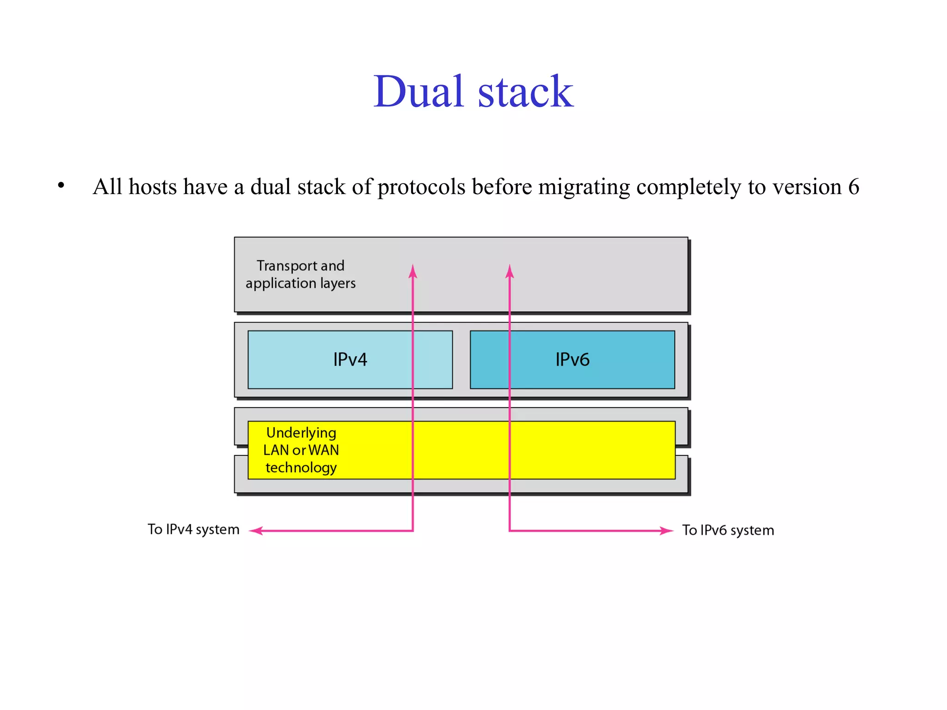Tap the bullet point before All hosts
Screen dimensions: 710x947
[x=61, y=186]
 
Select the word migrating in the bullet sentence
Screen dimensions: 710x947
[x=584, y=187]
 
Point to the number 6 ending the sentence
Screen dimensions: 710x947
[x=854, y=187]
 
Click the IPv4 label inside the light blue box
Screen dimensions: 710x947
[x=350, y=360]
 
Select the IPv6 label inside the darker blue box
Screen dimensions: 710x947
[x=572, y=360]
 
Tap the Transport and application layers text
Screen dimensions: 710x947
[x=301, y=274]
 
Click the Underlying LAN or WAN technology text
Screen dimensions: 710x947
[x=301, y=450]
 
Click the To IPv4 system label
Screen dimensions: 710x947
[x=193, y=529]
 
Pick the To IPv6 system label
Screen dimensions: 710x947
[x=728, y=530]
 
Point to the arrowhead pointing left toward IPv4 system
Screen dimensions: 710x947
[x=255, y=531]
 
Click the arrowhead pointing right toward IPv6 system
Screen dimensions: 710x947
[x=667, y=531]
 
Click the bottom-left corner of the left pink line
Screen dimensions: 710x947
[x=413, y=531]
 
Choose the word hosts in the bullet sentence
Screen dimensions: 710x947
[x=153, y=187]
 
